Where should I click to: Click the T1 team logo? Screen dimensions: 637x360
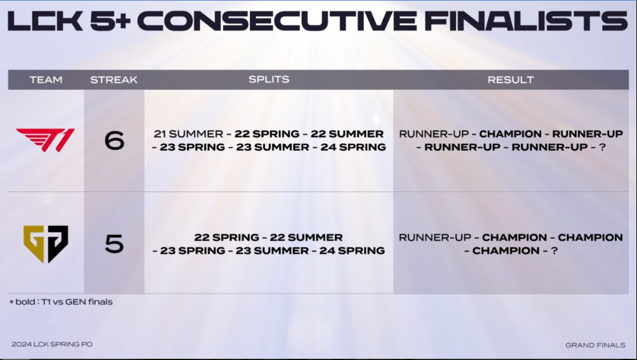coord(45,140)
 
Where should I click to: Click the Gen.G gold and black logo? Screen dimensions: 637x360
coord(46,244)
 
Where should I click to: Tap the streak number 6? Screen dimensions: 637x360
coord(114,140)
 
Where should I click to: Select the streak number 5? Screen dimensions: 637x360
coord(114,244)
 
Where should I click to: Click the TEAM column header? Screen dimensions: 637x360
coord(46,80)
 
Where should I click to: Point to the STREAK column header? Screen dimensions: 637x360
coord(114,80)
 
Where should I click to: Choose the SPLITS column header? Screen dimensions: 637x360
coord(269,79)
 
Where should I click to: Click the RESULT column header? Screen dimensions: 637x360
coord(511,80)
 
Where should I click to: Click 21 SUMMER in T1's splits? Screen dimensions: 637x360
coord(189,134)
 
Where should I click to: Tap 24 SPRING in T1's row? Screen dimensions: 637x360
coord(353,147)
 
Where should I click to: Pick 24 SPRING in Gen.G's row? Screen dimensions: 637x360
coord(352,251)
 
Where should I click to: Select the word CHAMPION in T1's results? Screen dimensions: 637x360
coord(510,134)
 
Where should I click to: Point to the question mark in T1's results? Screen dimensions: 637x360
coord(602,147)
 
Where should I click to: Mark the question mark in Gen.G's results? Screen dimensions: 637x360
coord(554,251)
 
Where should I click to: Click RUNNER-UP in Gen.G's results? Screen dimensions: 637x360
coord(435,237)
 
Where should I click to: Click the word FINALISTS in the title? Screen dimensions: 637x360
coord(526,20)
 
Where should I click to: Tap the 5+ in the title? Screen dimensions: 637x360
coord(110,21)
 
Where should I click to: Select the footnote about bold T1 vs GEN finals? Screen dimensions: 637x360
coord(61,302)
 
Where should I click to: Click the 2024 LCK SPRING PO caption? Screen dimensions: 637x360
coord(52,344)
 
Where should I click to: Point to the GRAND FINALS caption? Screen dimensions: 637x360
coord(595,345)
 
